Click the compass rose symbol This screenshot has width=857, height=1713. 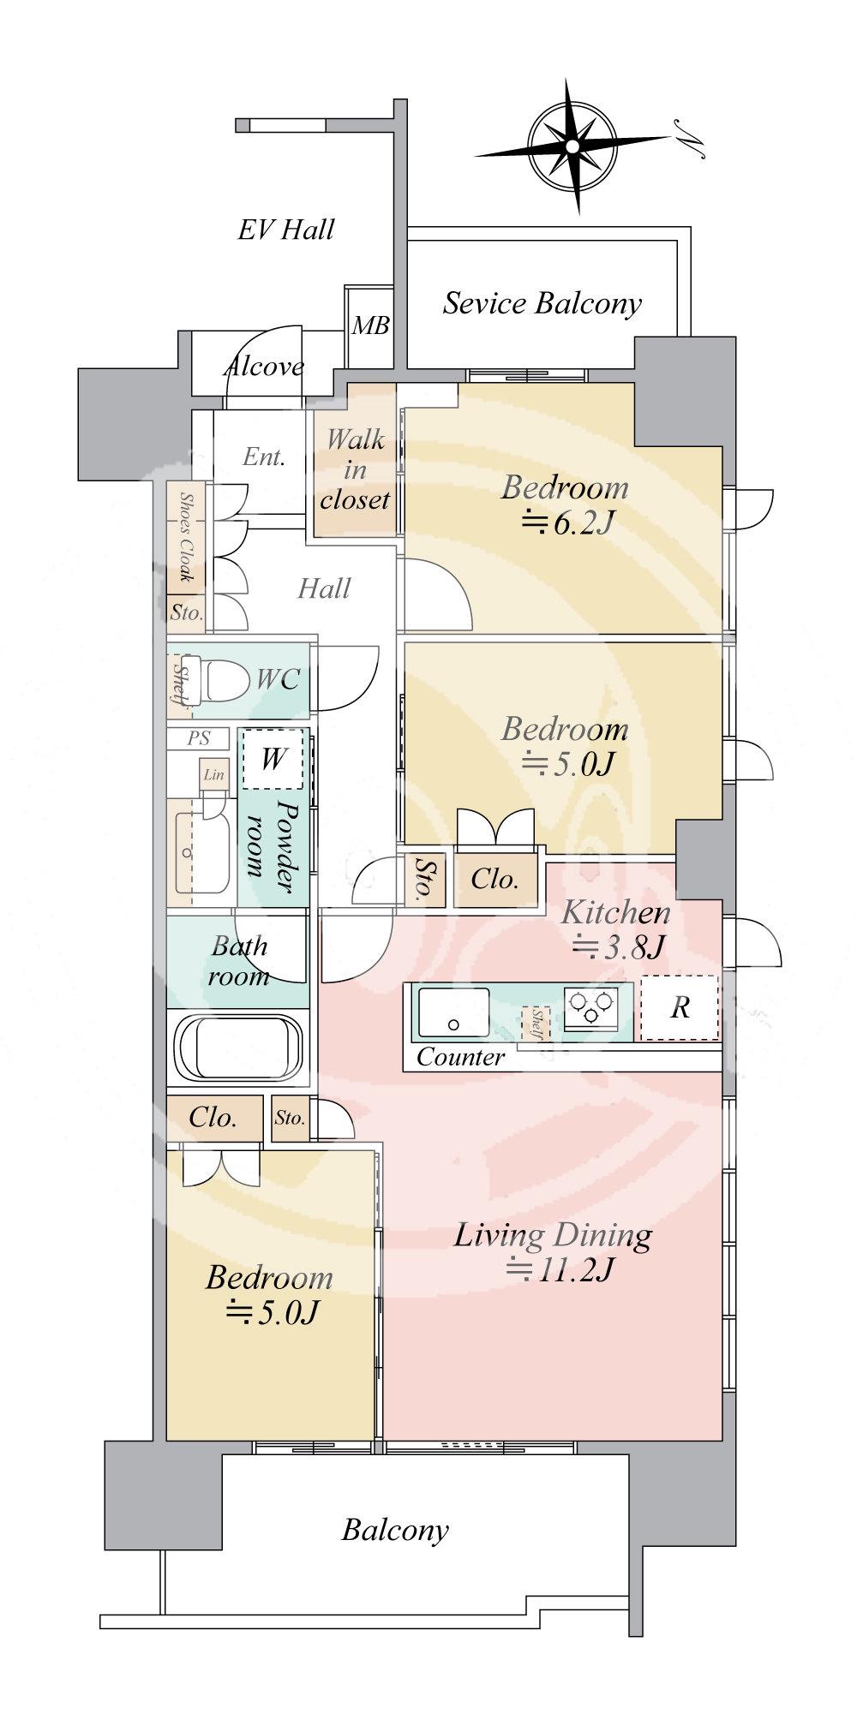[572, 146]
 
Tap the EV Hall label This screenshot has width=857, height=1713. [285, 230]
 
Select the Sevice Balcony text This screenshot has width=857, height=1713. [542, 303]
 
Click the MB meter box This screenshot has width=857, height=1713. [371, 325]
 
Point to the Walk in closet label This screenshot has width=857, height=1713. [356, 469]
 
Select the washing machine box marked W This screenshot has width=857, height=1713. [273, 759]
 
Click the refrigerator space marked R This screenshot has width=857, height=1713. [680, 1007]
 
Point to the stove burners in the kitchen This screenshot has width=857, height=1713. [590, 1008]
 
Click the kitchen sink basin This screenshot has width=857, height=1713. [453, 1012]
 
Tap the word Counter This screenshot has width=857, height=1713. [460, 1058]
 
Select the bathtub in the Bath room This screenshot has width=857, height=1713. [238, 1051]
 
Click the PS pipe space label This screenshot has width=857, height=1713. [198, 737]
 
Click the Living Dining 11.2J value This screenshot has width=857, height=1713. [559, 1268]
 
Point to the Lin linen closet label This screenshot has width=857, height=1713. [213, 774]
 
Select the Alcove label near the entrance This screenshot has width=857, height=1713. [264, 367]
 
